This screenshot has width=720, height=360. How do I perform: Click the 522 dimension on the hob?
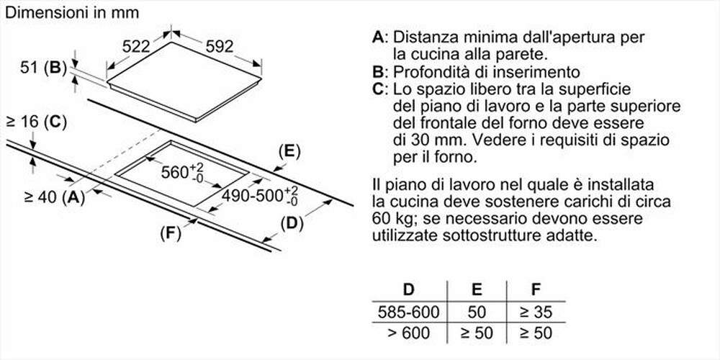(x=135, y=46)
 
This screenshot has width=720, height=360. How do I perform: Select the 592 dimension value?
(x=220, y=46)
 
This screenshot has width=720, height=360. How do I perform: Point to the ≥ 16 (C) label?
(x=36, y=122)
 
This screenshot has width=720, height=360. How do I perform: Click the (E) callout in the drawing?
(x=289, y=151)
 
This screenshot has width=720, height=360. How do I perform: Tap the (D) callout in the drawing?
(x=291, y=223)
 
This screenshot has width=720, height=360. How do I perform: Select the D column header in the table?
(x=409, y=291)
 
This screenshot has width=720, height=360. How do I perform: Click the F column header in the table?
(x=535, y=291)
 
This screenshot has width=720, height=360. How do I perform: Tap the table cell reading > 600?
(x=409, y=333)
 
